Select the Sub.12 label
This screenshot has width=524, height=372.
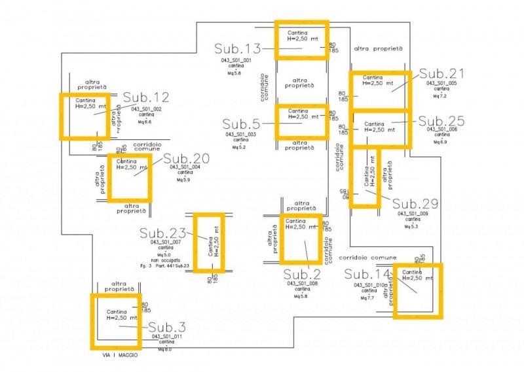click(146, 98)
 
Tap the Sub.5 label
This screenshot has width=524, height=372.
click(242, 124)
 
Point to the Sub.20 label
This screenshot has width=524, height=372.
click(186, 158)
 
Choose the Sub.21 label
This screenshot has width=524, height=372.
click(441, 73)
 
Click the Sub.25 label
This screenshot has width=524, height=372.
click(441, 121)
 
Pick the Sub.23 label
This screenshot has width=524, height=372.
click(162, 233)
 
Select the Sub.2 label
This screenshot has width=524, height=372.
click(302, 274)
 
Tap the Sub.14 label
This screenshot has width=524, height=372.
click(367, 274)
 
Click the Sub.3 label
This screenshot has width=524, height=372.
click(167, 327)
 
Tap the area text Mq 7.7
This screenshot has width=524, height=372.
click(367, 298)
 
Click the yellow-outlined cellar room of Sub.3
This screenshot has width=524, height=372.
click(115, 321)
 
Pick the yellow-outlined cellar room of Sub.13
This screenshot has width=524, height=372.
click(300, 39)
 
